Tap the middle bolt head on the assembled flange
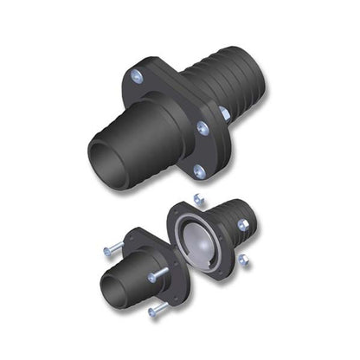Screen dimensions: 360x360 (202, 128)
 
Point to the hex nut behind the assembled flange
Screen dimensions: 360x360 (224, 112)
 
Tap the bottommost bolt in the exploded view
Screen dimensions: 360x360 (155, 310)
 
